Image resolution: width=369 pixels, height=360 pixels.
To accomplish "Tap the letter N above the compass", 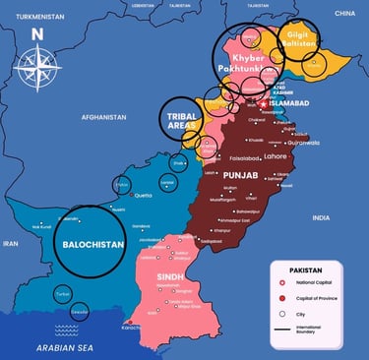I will [x=36, y=31].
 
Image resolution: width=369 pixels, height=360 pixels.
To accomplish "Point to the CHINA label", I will [x=343, y=13].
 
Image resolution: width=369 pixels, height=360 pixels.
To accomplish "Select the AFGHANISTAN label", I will [x=103, y=117].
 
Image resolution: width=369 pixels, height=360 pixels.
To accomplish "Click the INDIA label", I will [x=321, y=217].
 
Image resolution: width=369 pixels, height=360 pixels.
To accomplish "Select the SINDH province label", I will [x=170, y=278].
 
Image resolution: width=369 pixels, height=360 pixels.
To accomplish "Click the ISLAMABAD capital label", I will [x=290, y=100].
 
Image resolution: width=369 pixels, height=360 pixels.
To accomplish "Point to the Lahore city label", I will [x=275, y=154].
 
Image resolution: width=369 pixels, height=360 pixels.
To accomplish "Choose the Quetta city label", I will [x=145, y=194].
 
